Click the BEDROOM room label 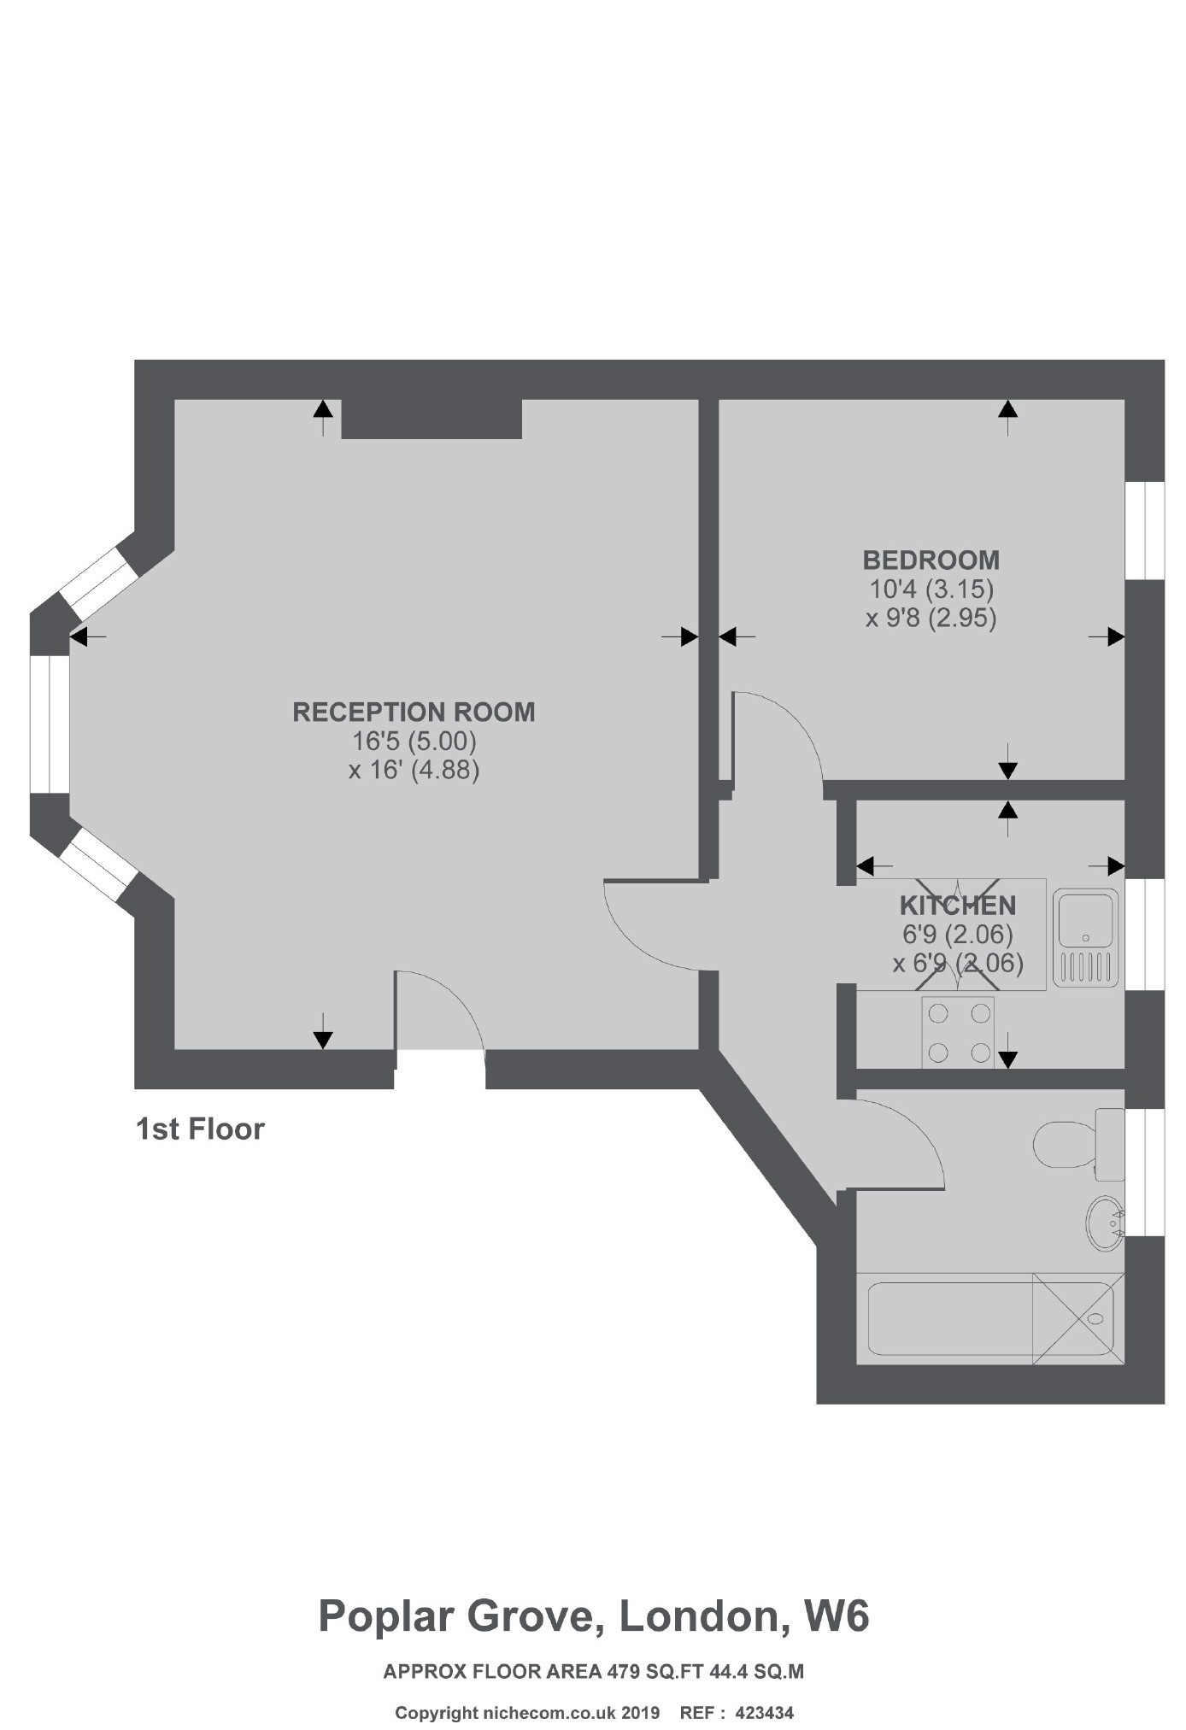point(931,560)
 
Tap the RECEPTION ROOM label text point(414,712)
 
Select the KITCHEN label point(958,905)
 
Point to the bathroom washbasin point(1106,1223)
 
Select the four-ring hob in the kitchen point(959,1032)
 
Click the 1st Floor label point(201,1129)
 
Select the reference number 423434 point(764,1712)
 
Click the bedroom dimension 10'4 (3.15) point(931,589)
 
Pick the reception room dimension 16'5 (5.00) point(414,740)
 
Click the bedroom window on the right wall point(1145,531)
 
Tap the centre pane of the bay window point(50,724)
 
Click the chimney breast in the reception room point(432,419)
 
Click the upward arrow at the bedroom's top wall point(1008,418)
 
